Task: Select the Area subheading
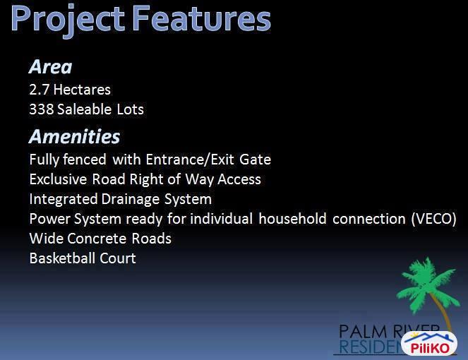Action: point(50,67)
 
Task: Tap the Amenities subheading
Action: point(74,136)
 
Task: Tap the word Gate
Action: point(256,160)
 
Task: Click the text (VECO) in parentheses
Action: point(433,219)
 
